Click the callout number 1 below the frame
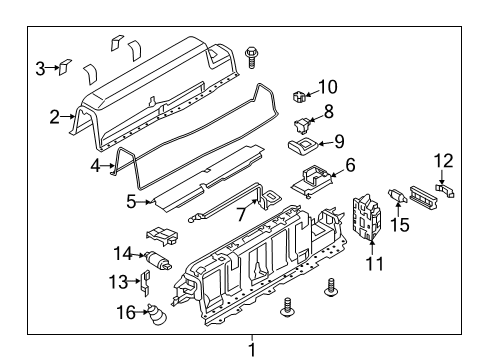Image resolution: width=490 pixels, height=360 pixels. point(252,349)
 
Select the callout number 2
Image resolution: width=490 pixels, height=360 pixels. point(56,117)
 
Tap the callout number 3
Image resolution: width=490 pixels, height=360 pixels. point(40,68)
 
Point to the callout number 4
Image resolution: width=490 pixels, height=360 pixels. point(96,166)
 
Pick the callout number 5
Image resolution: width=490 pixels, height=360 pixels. point(131,201)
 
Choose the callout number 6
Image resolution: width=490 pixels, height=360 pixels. point(350,165)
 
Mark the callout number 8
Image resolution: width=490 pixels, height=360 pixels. point(328,113)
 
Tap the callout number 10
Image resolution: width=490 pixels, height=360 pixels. point(328,87)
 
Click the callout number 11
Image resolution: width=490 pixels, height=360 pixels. point(376,264)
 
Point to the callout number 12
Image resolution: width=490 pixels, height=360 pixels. point(444,160)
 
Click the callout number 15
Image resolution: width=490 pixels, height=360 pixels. point(401,226)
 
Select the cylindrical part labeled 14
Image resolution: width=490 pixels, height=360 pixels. point(158,262)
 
